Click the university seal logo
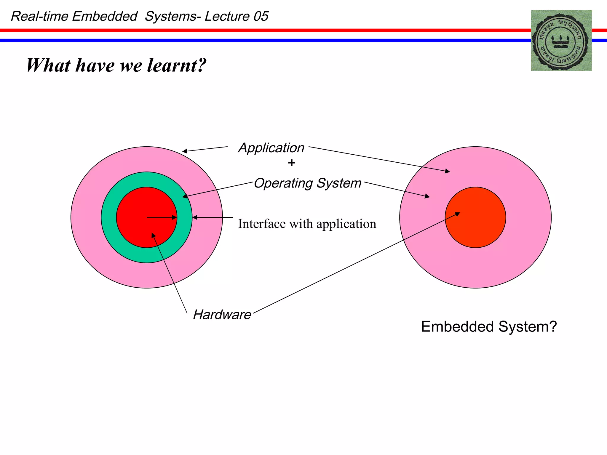[x=561, y=41]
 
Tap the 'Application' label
[x=271, y=148]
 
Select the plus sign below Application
[x=292, y=163]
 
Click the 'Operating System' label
[x=308, y=183]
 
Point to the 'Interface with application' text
[x=307, y=224]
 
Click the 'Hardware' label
[x=222, y=315]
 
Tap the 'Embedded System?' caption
[x=489, y=327]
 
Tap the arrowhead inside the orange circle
[x=458, y=214]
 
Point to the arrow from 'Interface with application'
[x=212, y=217]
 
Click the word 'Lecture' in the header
[x=227, y=16]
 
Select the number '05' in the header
[x=261, y=16]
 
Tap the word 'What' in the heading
[x=49, y=65]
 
